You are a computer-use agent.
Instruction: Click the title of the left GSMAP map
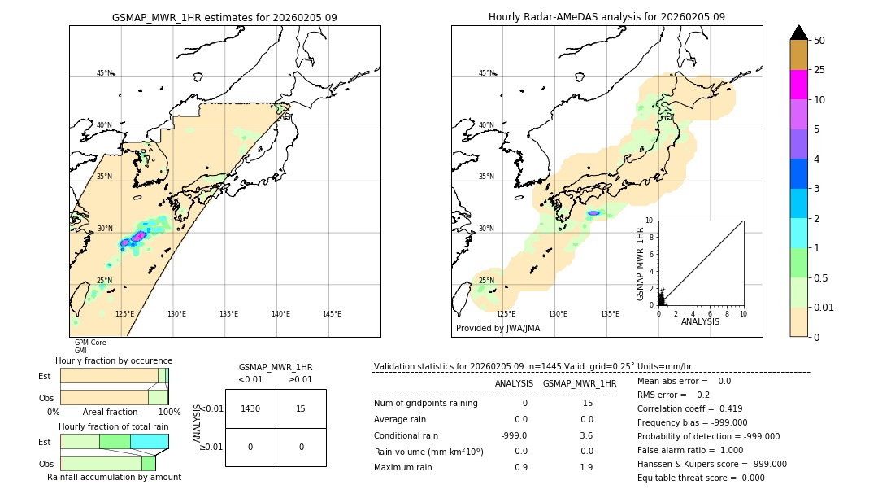pos(224,17)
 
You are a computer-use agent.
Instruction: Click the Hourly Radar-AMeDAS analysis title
pos(606,17)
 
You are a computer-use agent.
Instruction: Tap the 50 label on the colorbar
pos(819,41)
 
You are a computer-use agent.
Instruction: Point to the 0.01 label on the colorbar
pos(824,307)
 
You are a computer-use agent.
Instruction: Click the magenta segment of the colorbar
pos(799,85)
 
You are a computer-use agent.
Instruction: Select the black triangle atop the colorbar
pos(799,33)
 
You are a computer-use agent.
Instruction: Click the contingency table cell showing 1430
pos(250,408)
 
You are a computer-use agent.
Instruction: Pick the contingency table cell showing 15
pos(301,408)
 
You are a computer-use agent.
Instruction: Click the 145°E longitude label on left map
pos(332,314)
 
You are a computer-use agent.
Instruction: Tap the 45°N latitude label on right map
pos(486,73)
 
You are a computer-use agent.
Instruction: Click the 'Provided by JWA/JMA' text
pos(498,328)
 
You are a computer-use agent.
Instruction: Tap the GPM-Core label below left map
pos(90,343)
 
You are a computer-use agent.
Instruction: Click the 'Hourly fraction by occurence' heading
pos(114,360)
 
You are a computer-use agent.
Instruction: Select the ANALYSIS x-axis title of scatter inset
pos(701,321)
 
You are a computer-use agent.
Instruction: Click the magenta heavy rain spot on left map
pos(139,235)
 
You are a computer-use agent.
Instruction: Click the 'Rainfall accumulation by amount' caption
pos(114,477)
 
